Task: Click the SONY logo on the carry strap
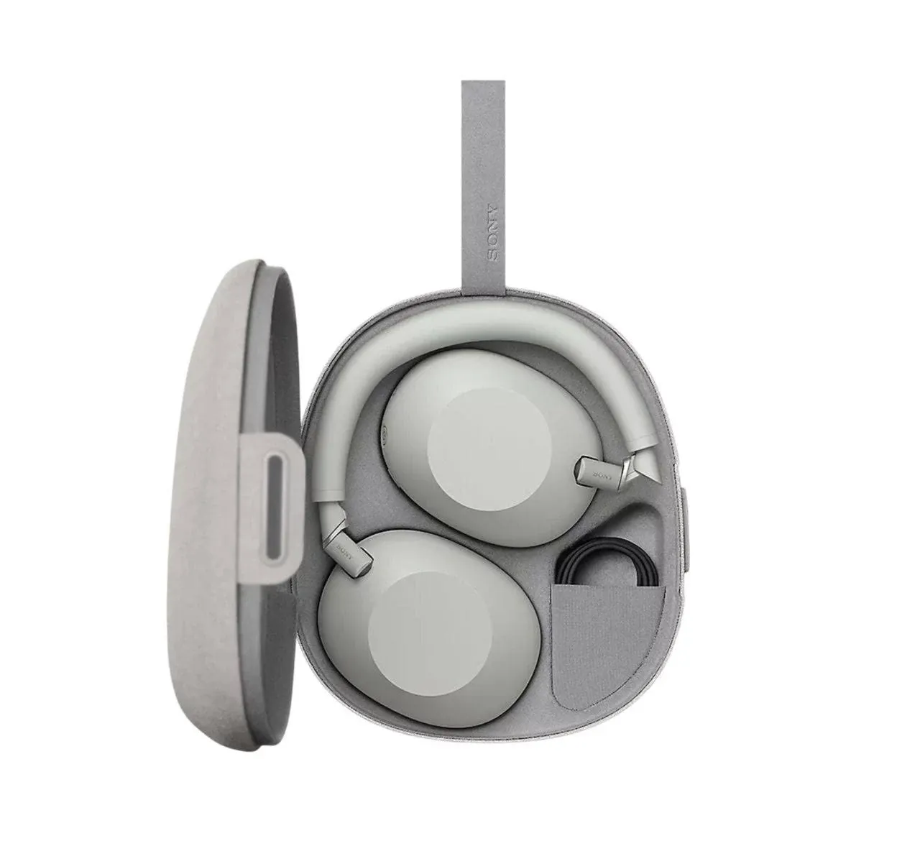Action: (x=492, y=233)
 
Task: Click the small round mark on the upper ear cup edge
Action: (x=382, y=433)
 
